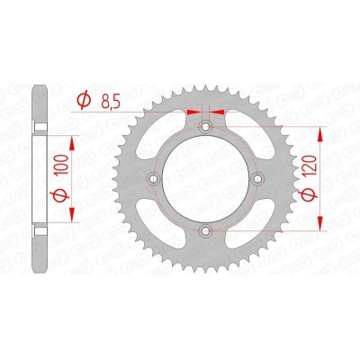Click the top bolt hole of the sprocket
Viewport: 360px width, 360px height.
click(205, 127)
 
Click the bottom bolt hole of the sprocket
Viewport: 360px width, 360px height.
click(205, 230)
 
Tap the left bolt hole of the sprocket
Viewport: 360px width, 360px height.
click(154, 179)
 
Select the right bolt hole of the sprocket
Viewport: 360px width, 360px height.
click(257, 179)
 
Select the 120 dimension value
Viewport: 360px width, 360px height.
click(310, 166)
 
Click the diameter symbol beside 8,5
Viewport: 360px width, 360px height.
click(84, 101)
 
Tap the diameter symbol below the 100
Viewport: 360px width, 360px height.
click(61, 194)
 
